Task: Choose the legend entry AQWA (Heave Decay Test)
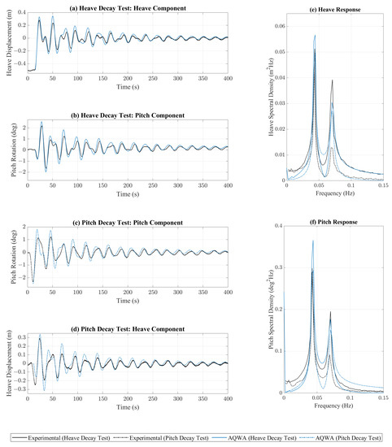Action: click(251, 436)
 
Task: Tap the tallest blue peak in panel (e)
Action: click(314, 36)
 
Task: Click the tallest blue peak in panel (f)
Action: click(312, 241)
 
